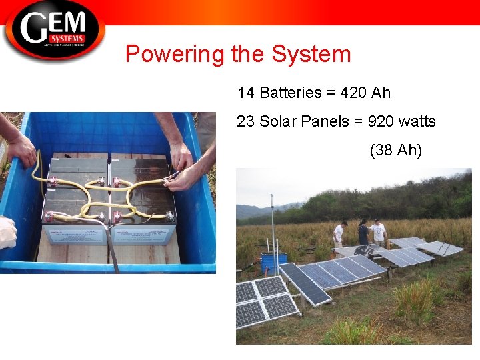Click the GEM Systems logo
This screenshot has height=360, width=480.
point(53,29)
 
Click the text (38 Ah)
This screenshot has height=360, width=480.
point(395,150)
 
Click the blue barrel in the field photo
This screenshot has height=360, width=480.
point(273,262)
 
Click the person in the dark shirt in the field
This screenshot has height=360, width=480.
point(363,235)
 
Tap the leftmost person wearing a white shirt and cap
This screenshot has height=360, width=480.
point(339,234)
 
